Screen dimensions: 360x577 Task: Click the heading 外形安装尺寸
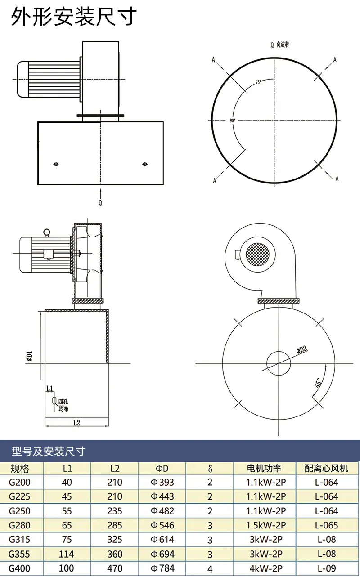[x=73, y=17]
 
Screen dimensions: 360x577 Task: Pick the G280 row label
[x=20, y=525]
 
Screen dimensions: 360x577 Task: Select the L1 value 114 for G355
[x=67, y=554]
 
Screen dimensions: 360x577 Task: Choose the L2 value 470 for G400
[x=115, y=568]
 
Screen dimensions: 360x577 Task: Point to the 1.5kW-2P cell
[x=266, y=525]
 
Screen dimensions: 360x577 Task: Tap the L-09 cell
[x=327, y=568]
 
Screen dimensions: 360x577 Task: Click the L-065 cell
[x=327, y=525]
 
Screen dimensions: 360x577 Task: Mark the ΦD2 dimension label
[x=302, y=349]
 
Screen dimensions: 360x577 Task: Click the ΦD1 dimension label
[x=29, y=356]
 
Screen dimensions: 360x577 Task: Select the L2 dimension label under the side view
[x=77, y=423]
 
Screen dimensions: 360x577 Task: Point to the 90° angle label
[x=233, y=120]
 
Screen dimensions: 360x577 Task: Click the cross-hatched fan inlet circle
[x=258, y=254]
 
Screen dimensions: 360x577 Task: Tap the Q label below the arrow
[x=100, y=203]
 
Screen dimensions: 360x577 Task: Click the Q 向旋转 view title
[x=280, y=45]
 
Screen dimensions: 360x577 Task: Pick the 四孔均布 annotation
[x=63, y=405]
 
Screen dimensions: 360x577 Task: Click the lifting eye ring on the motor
[x=47, y=232]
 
